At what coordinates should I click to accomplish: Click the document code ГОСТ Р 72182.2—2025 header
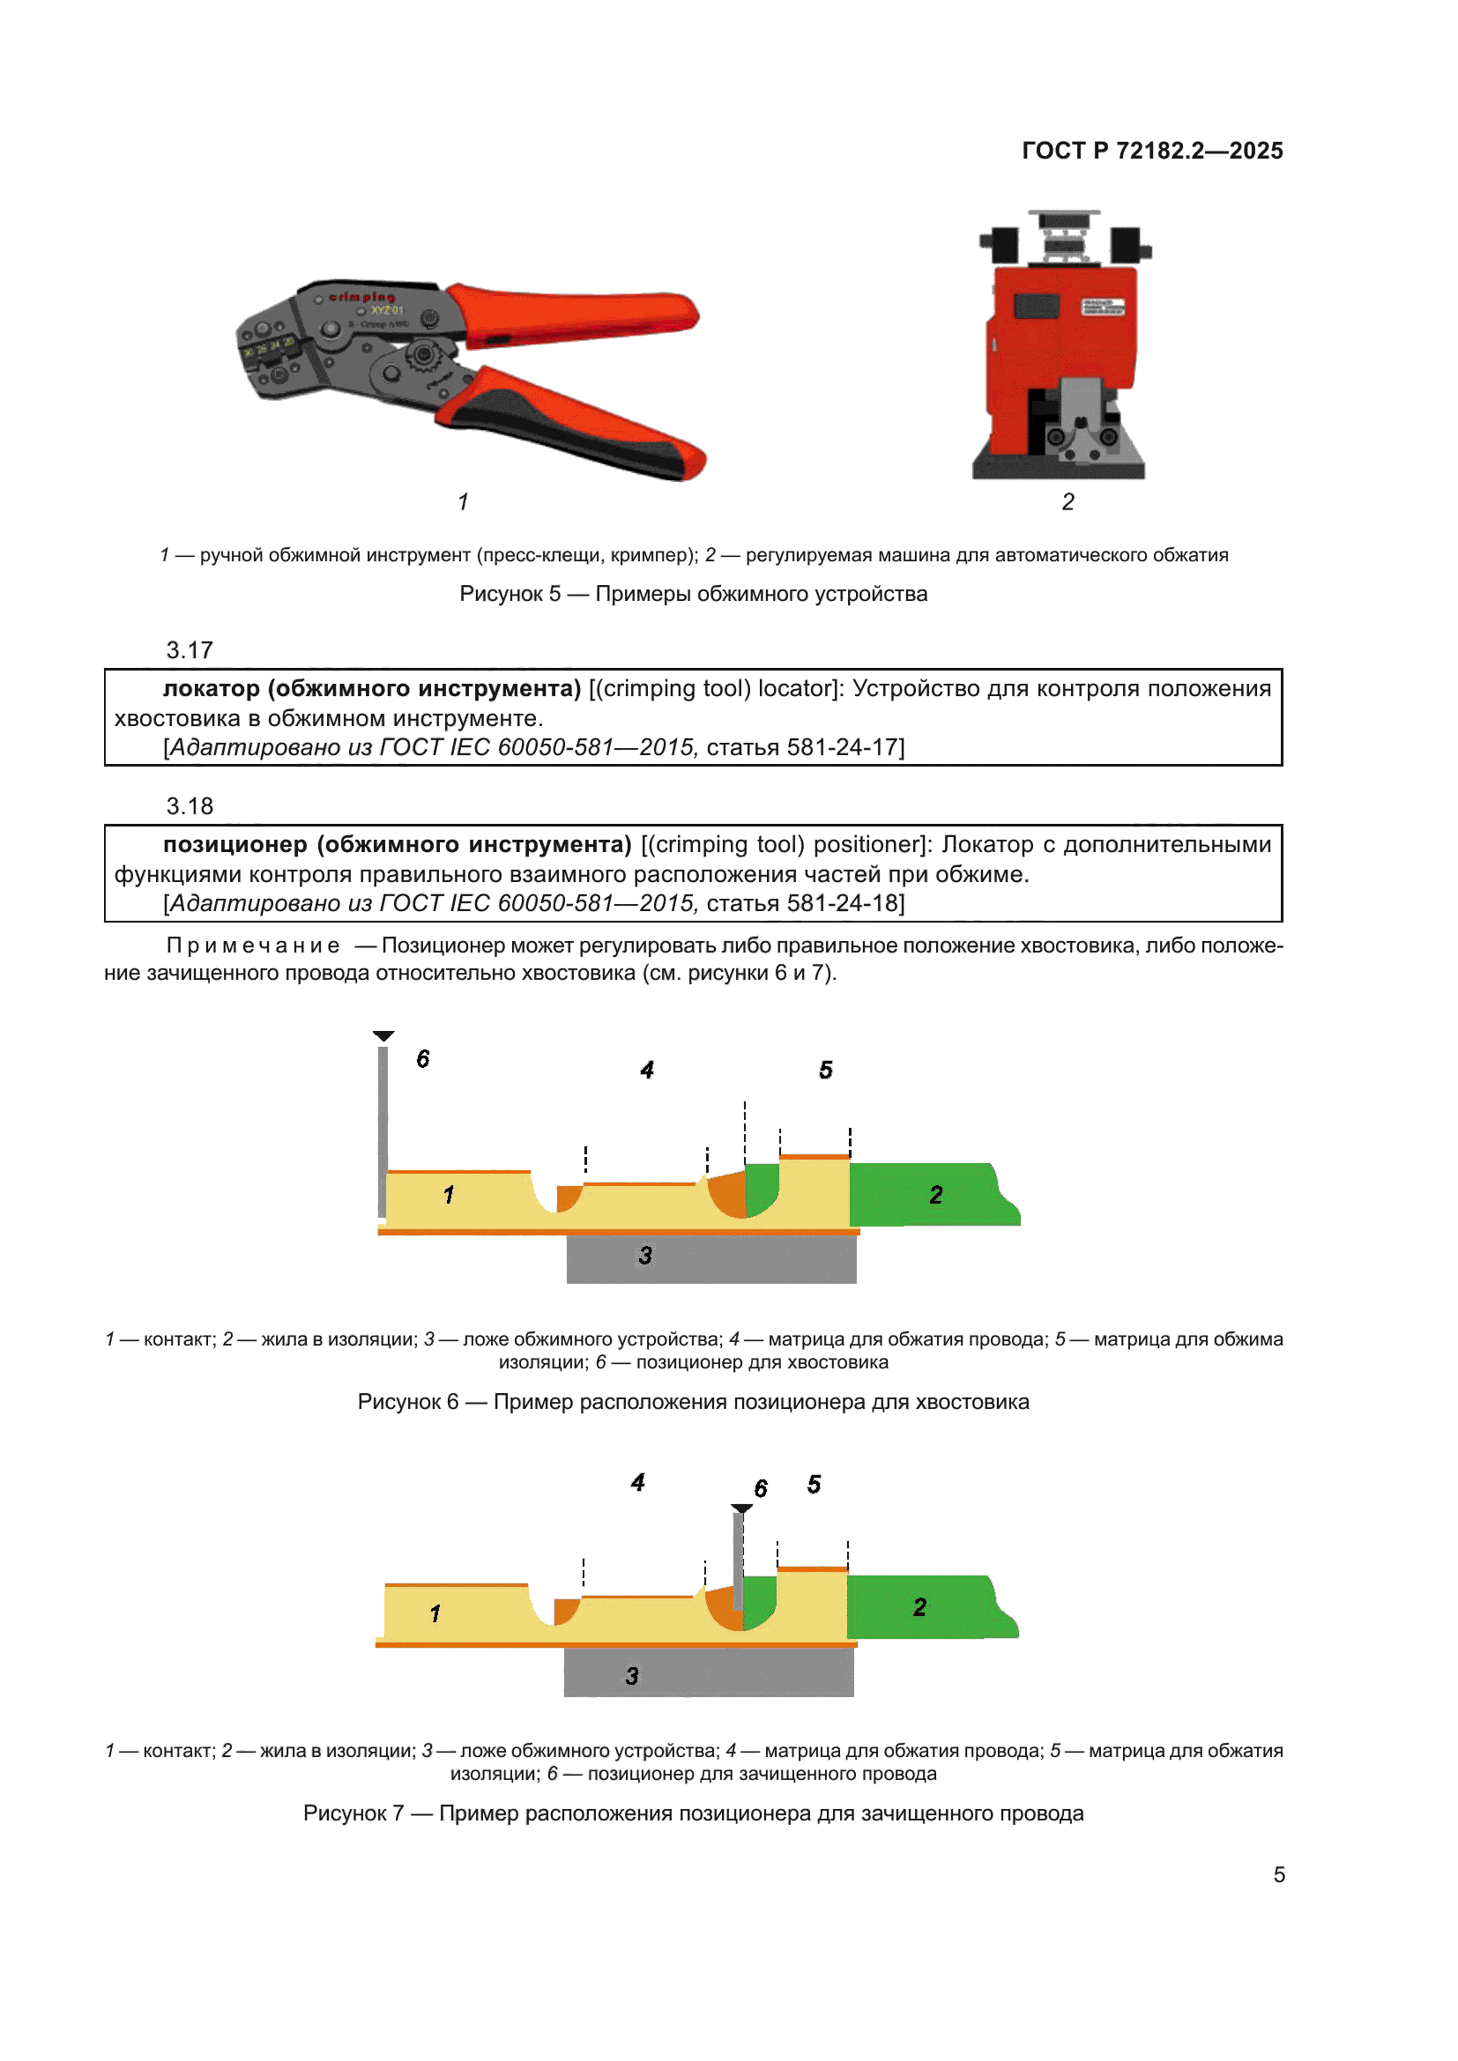[x=1152, y=151]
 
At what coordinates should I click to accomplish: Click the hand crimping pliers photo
[x=471, y=379]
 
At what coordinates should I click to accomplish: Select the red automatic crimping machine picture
[x=1065, y=345]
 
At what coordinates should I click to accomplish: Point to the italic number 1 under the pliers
[x=463, y=501]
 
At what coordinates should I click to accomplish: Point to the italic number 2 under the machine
[x=1067, y=501]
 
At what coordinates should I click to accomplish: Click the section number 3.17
[x=190, y=650]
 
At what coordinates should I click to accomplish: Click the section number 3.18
[x=190, y=806]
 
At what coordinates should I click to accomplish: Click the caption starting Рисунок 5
[x=693, y=594]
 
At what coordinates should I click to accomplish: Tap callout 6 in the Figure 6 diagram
[x=423, y=1059]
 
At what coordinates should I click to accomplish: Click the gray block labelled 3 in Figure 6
[x=711, y=1258]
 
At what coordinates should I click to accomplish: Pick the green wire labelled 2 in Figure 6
[x=934, y=1195]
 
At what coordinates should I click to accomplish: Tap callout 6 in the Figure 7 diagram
[x=761, y=1489]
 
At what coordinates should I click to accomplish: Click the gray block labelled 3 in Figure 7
[x=709, y=1672]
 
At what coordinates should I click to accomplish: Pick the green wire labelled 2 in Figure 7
[x=932, y=1608]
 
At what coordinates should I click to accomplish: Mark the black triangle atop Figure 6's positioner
[x=383, y=1036]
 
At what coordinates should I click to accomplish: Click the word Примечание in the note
[x=253, y=946]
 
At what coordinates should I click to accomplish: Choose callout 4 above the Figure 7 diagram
[x=637, y=1482]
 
